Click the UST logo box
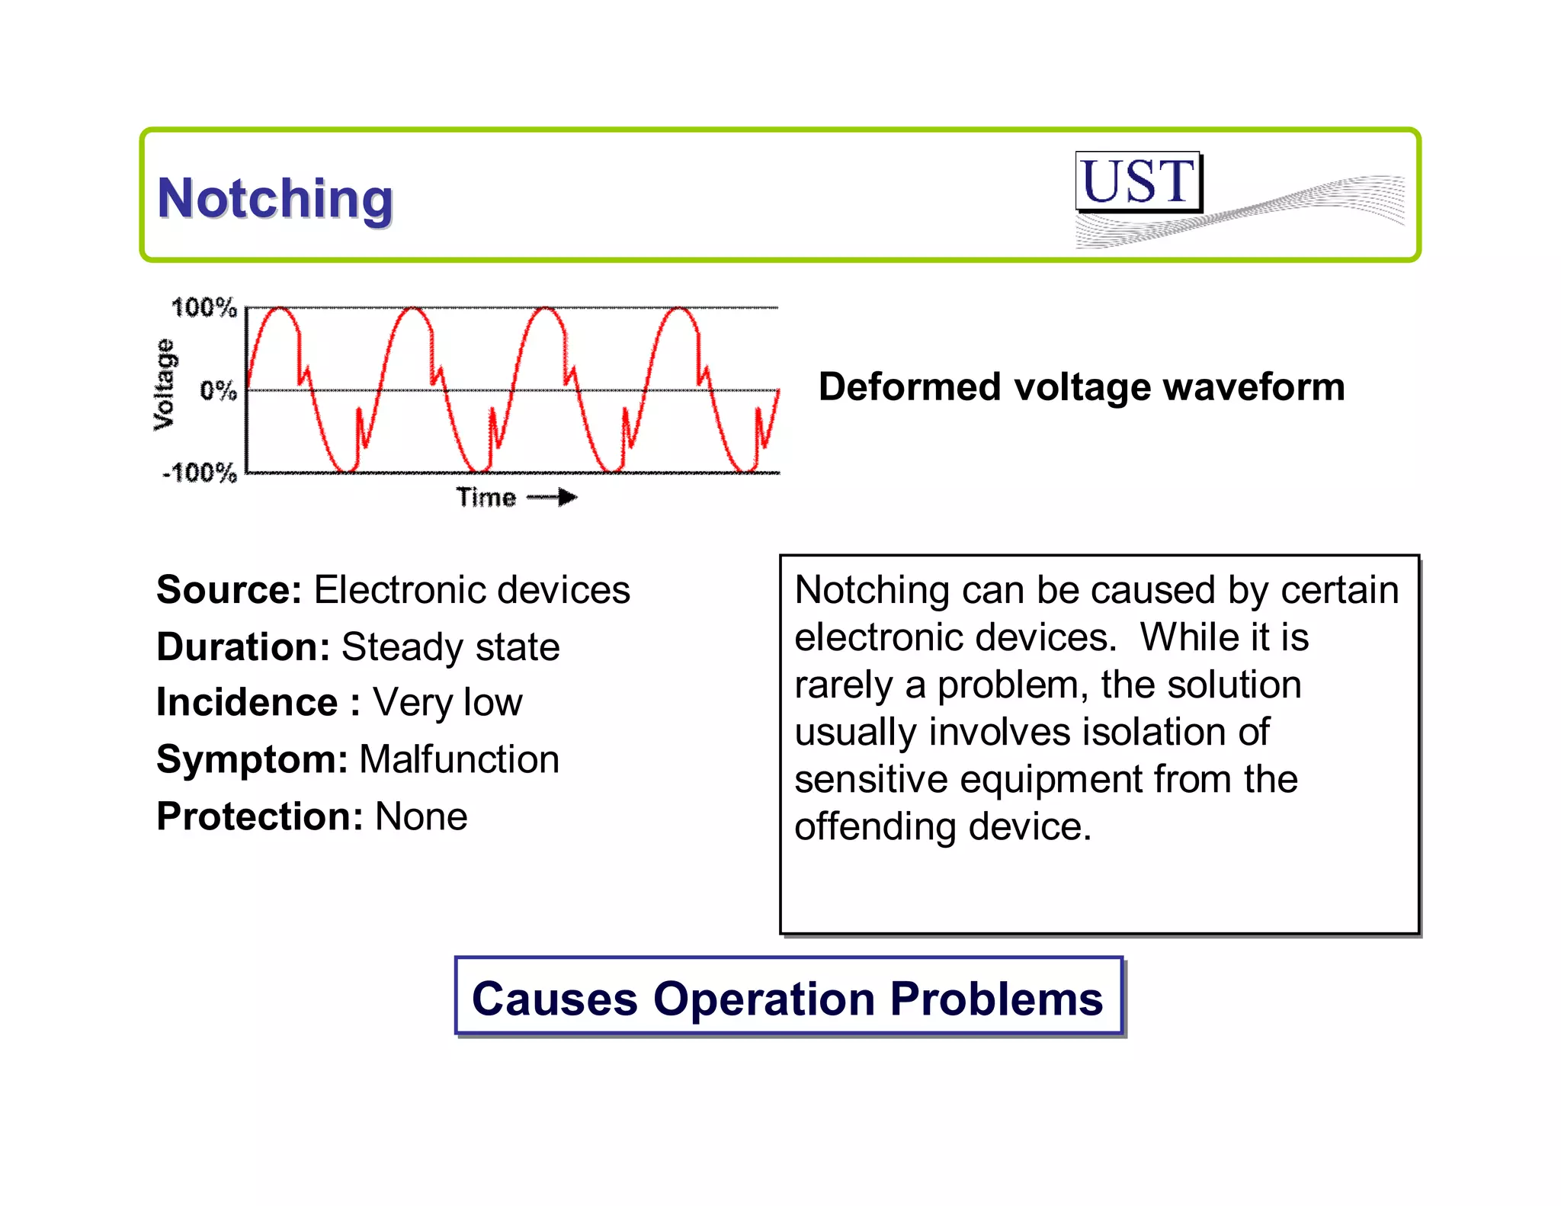pyautogui.click(x=1138, y=181)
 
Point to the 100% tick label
pyautogui.click(x=204, y=308)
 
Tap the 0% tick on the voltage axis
pyautogui.click(x=218, y=391)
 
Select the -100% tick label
pyautogui.click(x=200, y=473)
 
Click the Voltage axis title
pyautogui.click(x=164, y=385)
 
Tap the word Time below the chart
pyautogui.click(x=486, y=498)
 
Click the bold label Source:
pyautogui.click(x=229, y=590)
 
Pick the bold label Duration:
pyautogui.click(x=243, y=647)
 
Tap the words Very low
pyautogui.click(x=447, y=703)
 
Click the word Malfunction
pyautogui.click(x=459, y=760)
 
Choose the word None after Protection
pyautogui.click(x=421, y=817)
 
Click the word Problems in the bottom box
pyautogui.click(x=996, y=999)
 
